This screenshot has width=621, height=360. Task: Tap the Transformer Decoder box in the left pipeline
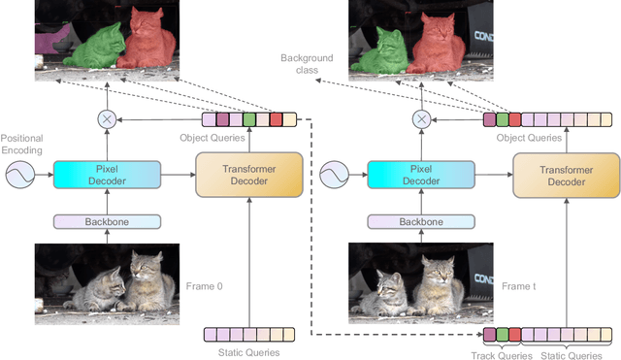(250, 175)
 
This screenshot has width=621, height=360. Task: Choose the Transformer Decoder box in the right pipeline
(565, 175)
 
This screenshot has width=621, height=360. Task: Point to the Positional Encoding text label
(22, 146)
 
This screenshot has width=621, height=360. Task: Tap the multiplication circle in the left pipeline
(106, 119)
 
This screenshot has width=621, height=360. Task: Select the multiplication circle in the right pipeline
(420, 119)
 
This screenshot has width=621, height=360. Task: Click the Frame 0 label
(206, 286)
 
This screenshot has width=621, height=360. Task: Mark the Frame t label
(519, 286)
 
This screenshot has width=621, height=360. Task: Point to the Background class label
(307, 65)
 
